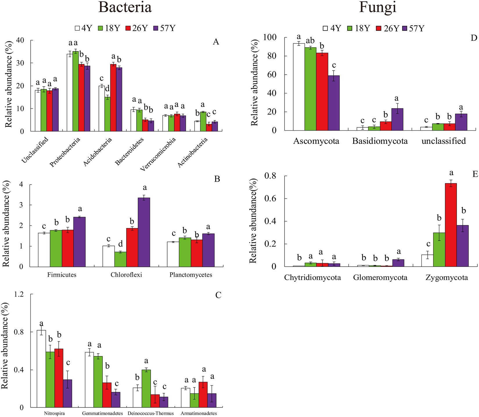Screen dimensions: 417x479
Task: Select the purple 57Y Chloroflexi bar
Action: point(144,232)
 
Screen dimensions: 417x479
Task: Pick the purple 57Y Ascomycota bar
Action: point(334,103)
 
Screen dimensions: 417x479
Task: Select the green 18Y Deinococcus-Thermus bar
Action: point(146,389)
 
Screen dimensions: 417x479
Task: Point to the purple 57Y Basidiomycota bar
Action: point(397,120)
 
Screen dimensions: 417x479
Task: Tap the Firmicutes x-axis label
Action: point(62,275)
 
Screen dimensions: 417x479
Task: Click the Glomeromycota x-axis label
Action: point(380,278)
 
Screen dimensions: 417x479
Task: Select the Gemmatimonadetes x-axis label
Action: point(102,413)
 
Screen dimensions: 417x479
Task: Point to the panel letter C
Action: point(218,295)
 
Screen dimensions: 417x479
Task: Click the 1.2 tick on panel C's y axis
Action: point(20,294)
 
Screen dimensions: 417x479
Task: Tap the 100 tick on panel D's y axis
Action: point(270,37)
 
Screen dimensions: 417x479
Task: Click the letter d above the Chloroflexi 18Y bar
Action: point(120,243)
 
